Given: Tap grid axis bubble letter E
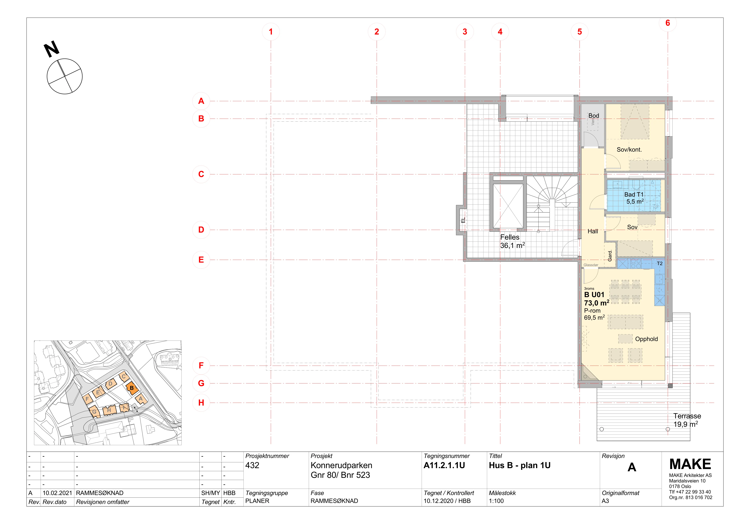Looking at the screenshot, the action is tap(201, 260).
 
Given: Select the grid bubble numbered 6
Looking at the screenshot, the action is tap(668, 23).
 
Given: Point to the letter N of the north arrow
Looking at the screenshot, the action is tap(52, 49).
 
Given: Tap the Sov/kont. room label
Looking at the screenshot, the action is tap(629, 149).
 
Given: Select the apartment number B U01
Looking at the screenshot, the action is tap(594, 295).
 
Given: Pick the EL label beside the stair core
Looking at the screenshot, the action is tap(463, 220).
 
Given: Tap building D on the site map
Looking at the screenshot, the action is tap(110, 384).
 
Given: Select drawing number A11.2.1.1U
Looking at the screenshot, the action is tap(444, 465).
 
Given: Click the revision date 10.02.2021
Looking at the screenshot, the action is tap(57, 493).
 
